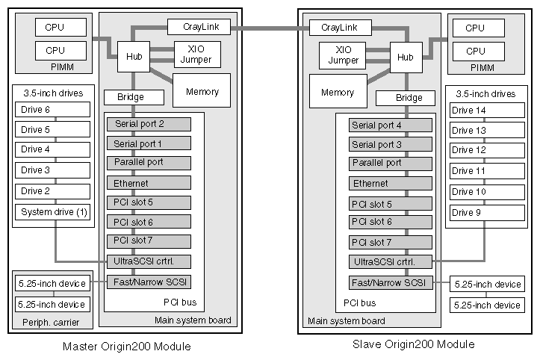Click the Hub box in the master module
tap(134, 57)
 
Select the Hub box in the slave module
tap(405, 57)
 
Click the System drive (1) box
tap(54, 212)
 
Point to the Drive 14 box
tap(480, 111)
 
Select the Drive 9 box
tap(480, 212)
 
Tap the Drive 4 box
tap(54, 149)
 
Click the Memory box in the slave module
tap(338, 93)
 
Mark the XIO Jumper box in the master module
tap(196, 54)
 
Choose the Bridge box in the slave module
tap(409, 98)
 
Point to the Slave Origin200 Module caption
tap(413, 344)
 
